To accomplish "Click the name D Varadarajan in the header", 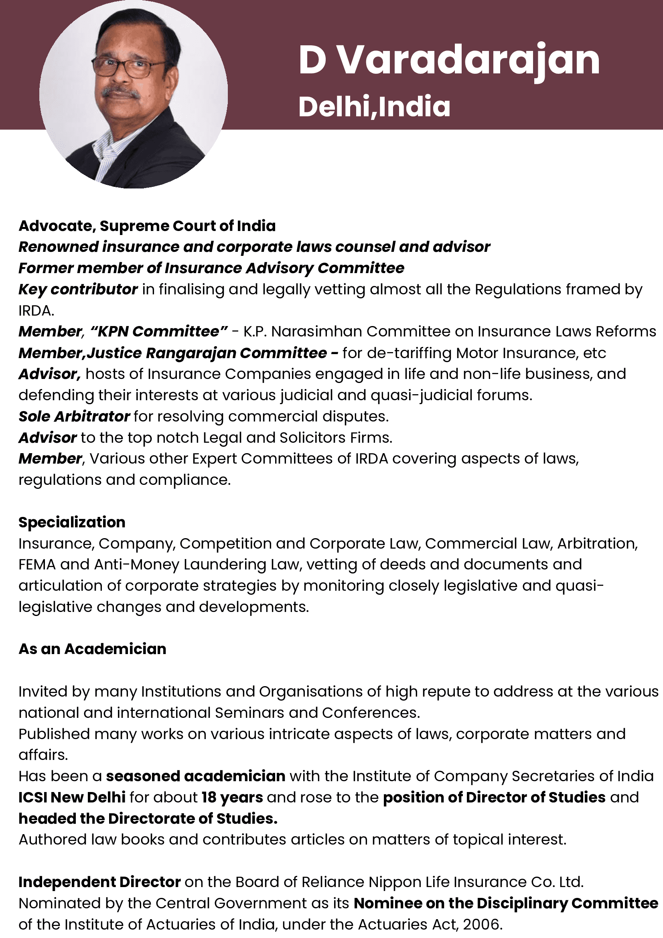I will point(449,61).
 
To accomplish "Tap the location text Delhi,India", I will point(374,107).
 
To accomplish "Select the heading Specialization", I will point(72,522).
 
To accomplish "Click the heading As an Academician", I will point(92,649).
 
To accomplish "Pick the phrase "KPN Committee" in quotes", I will point(159,331).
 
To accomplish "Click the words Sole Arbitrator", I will point(74,416).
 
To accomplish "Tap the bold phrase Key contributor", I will point(78,289).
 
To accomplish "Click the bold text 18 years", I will point(232,798).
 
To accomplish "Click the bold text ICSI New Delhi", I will point(72,798).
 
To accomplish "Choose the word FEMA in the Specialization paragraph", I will point(37,565).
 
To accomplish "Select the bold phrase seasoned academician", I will point(195,776).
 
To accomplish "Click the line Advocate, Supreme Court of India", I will point(147,225).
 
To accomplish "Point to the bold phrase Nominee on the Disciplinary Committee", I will point(506,903).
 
